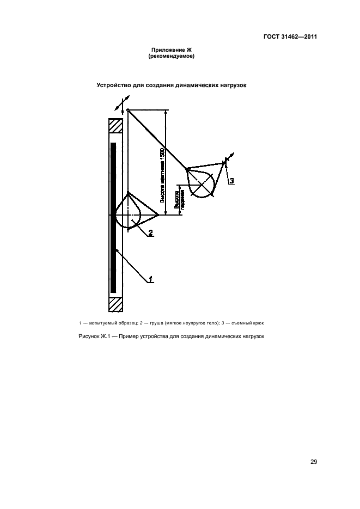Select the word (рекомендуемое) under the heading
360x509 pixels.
click(172, 56)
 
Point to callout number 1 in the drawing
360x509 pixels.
click(151, 280)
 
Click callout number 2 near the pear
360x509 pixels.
click(150, 234)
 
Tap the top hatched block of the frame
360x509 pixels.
click(115, 126)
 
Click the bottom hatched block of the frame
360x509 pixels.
click(115, 305)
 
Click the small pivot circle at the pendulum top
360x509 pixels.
click(127, 111)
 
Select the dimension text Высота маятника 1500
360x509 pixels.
click(162, 174)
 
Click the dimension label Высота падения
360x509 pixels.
click(176, 199)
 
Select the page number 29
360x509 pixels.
click(314, 462)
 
